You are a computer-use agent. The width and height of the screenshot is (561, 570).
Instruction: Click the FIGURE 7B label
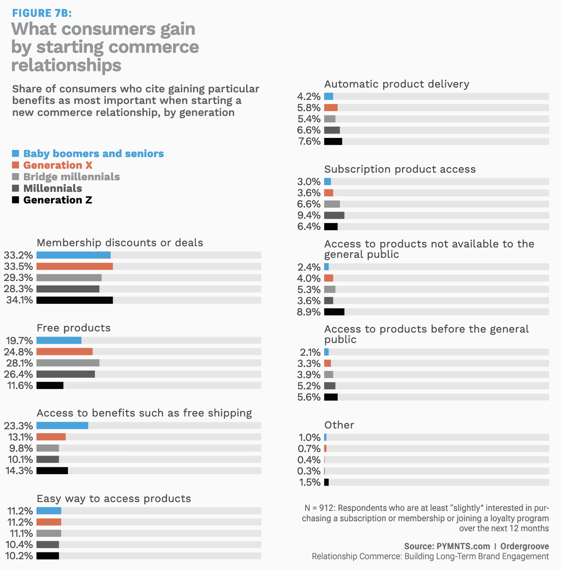click(42, 13)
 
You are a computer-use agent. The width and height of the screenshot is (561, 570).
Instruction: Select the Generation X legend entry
click(58, 165)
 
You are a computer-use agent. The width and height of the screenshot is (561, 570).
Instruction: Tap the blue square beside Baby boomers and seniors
click(16, 153)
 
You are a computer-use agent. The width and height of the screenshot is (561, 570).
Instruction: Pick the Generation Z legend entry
click(58, 200)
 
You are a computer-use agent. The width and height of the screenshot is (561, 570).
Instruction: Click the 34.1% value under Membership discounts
click(19, 300)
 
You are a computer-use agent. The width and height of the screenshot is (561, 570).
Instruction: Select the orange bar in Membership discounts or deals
click(74, 266)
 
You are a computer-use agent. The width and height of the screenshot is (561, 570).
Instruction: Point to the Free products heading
click(74, 328)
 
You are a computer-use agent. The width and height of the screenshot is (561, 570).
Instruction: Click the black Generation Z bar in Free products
click(50, 385)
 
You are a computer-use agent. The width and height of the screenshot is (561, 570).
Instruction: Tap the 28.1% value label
click(19, 363)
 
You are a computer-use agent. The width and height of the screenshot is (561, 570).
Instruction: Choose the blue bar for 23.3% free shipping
click(62, 425)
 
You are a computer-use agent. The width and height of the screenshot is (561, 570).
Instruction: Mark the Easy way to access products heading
click(114, 498)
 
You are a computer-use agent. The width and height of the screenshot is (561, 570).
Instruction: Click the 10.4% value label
click(19, 544)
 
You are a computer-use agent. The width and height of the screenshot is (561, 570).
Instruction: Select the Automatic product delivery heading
click(397, 84)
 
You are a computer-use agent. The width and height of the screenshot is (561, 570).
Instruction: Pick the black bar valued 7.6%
click(333, 141)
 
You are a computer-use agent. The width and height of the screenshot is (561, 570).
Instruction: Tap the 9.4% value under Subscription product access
click(309, 215)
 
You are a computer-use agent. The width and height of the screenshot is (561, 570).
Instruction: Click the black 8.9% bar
click(334, 312)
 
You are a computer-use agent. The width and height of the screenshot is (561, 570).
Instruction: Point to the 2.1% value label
click(310, 352)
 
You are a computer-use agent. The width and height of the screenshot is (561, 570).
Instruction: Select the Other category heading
click(339, 425)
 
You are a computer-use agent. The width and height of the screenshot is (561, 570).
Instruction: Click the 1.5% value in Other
click(310, 482)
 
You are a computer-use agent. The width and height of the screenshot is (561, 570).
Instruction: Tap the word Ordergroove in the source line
click(524, 546)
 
